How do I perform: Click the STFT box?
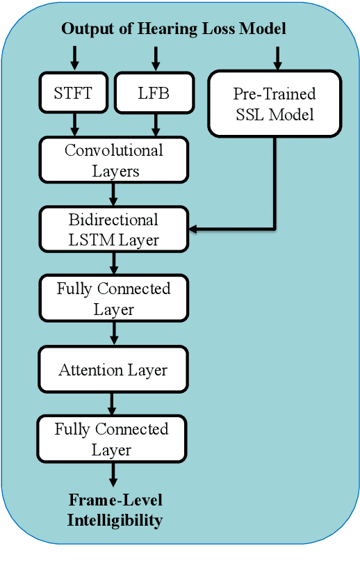tap(73, 93)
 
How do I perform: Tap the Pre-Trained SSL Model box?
tap(275, 103)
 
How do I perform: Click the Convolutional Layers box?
tap(114, 161)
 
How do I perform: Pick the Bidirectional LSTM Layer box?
tap(114, 229)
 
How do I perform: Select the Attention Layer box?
tap(113, 369)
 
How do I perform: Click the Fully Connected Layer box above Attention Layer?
tap(113, 298)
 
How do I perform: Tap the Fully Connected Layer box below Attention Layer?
tap(112, 439)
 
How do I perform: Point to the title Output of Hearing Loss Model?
tap(174, 29)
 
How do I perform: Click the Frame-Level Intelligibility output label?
tap(115, 510)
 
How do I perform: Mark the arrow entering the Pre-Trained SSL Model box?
tap(277, 58)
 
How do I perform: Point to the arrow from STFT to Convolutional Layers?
tap(74, 125)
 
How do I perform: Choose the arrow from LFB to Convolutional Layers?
tap(155, 125)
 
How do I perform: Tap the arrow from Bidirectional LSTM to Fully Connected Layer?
tap(114, 263)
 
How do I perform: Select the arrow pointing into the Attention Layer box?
tap(114, 334)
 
